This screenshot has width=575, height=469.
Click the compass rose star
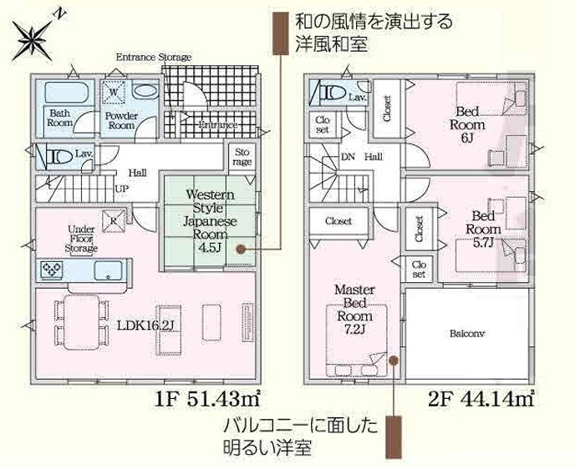[33, 39]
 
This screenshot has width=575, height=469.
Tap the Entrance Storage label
[154, 57]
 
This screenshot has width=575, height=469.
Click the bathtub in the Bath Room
[67, 93]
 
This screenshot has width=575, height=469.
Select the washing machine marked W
[114, 92]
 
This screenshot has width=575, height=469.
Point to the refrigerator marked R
[114, 221]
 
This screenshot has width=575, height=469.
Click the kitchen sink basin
[108, 270]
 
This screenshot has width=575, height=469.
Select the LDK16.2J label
[145, 325]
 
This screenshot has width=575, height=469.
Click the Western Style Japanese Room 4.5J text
[210, 221]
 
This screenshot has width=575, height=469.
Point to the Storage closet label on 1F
[242, 157]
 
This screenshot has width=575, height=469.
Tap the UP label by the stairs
[122, 189]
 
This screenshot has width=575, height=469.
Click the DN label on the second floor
[348, 157]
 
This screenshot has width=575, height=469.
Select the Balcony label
[467, 334]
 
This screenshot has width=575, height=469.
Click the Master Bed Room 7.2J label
[354, 310]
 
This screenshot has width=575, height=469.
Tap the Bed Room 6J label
[467, 124]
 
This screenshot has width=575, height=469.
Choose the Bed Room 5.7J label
[482, 229]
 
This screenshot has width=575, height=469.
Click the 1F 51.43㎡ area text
[207, 399]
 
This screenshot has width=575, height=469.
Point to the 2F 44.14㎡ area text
[481, 399]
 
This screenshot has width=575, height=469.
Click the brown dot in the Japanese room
[241, 250]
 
